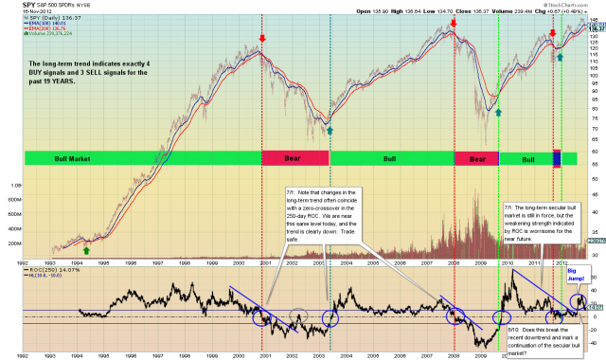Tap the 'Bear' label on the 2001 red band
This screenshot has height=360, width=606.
(x=293, y=158)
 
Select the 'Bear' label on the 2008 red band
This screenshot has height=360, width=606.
(x=474, y=158)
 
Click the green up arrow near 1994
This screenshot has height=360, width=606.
(x=87, y=249)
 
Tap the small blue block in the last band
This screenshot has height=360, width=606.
(x=557, y=158)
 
